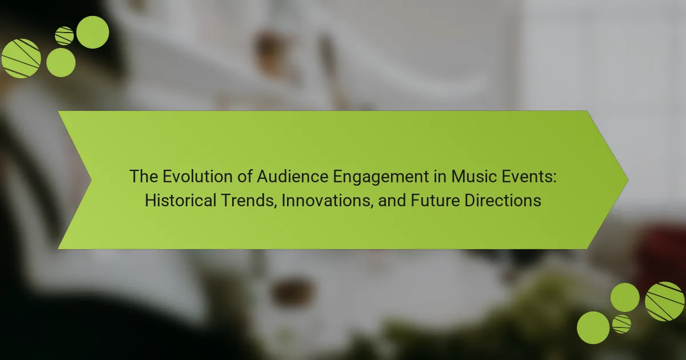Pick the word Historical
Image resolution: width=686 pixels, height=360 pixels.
pos(181,201)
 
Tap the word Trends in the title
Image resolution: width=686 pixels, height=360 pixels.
pos(248,201)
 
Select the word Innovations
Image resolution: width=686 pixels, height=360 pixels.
pos(327,201)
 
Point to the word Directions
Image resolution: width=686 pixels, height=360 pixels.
pos(502,201)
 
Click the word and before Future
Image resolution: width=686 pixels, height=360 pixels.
pos(392,201)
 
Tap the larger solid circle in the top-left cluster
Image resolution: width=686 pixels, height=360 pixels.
pos(93,32)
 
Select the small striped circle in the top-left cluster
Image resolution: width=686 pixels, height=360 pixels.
pos(64,36)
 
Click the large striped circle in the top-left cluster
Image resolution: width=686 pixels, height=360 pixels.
pos(21,58)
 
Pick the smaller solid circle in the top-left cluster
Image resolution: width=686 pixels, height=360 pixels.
pos(61,62)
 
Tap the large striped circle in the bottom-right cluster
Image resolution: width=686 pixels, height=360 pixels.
pos(664,302)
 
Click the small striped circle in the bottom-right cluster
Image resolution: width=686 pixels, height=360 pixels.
pos(622,324)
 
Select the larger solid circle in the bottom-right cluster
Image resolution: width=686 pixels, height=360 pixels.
pos(593,327)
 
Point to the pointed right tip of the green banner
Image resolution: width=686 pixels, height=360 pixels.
pos(628,180)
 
